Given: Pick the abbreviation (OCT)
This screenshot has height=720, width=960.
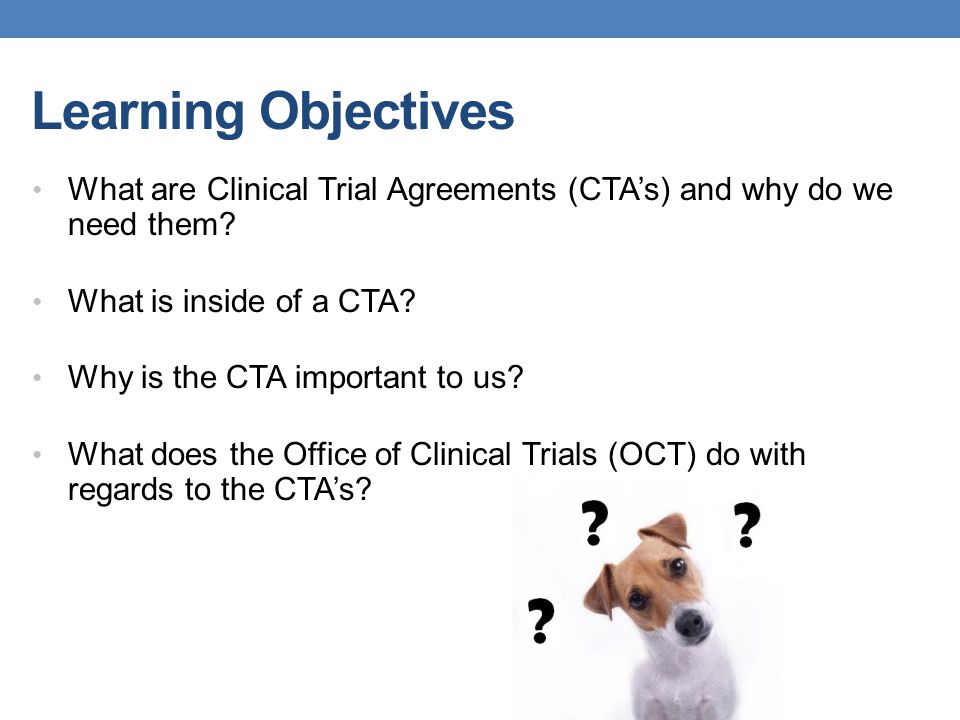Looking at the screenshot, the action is (x=652, y=455).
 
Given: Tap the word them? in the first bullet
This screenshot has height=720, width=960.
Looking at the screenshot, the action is (x=192, y=225).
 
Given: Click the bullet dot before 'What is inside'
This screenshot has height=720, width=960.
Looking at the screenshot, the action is (x=37, y=301).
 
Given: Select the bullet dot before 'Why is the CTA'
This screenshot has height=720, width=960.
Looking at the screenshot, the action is (x=37, y=378).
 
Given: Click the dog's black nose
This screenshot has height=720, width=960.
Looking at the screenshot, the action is (x=692, y=624).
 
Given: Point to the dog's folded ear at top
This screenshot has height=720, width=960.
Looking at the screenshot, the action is (x=665, y=530).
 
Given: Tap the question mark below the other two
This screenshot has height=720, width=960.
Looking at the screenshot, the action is (x=541, y=620).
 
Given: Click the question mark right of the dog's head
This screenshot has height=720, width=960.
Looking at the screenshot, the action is (x=746, y=525).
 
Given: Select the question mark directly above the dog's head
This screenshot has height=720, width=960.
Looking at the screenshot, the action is (x=594, y=523).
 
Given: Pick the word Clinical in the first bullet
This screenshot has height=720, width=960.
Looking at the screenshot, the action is (x=257, y=190).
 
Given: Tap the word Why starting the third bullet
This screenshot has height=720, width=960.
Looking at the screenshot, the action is (x=100, y=378).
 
